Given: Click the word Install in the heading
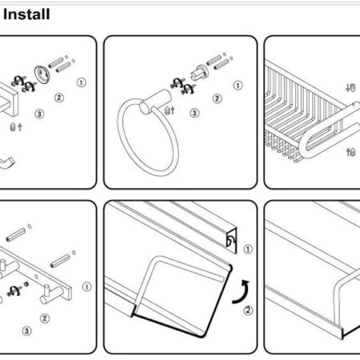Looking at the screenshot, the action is click(26, 14).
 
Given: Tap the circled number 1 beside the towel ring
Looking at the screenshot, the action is click(238, 86).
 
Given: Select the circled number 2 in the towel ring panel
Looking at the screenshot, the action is click(217, 98).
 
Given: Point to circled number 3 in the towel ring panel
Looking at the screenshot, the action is click(194, 113).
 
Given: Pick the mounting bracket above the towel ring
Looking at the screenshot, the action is click(199, 72).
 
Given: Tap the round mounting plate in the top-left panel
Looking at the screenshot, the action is click(42, 74).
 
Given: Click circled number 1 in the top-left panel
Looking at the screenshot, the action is click(82, 82).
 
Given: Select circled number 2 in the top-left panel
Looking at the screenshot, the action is click(59, 98).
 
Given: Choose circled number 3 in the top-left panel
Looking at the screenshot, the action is click(39, 114).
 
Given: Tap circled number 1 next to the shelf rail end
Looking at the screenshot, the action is click(248, 250).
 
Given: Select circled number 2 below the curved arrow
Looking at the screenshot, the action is click(248, 310).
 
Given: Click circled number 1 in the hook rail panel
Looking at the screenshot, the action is click(86, 287).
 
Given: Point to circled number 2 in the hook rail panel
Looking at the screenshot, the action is click(45, 318).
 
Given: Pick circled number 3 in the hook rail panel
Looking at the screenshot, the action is click(26, 331).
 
